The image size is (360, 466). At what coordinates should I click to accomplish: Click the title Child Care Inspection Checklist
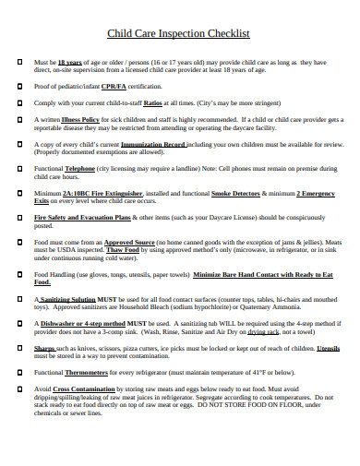tap(179, 34)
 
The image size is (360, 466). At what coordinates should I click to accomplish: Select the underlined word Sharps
tap(45, 350)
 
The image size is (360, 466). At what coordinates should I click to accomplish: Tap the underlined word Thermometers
tap(106, 376)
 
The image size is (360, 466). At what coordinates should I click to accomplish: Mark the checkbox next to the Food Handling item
tap(19, 274)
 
